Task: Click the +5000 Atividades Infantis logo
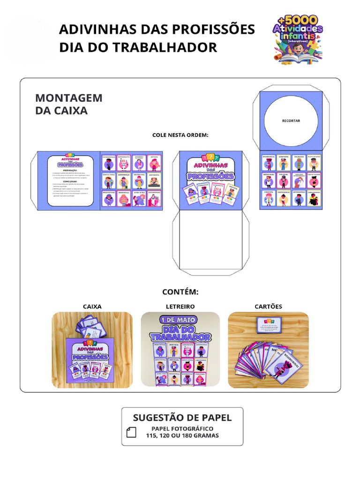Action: (298, 39)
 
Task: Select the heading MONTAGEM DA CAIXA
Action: (68, 104)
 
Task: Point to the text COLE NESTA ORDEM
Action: (180, 135)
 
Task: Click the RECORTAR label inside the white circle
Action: (291, 120)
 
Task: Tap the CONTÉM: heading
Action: (180, 292)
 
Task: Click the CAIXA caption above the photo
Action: (92, 307)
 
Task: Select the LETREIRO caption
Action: (180, 307)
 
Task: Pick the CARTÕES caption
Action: (268, 307)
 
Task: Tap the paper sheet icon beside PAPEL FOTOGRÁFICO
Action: (132, 432)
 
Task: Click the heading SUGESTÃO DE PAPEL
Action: (182, 418)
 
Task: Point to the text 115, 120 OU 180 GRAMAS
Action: (182, 435)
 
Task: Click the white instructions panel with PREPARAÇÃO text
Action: (71, 180)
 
